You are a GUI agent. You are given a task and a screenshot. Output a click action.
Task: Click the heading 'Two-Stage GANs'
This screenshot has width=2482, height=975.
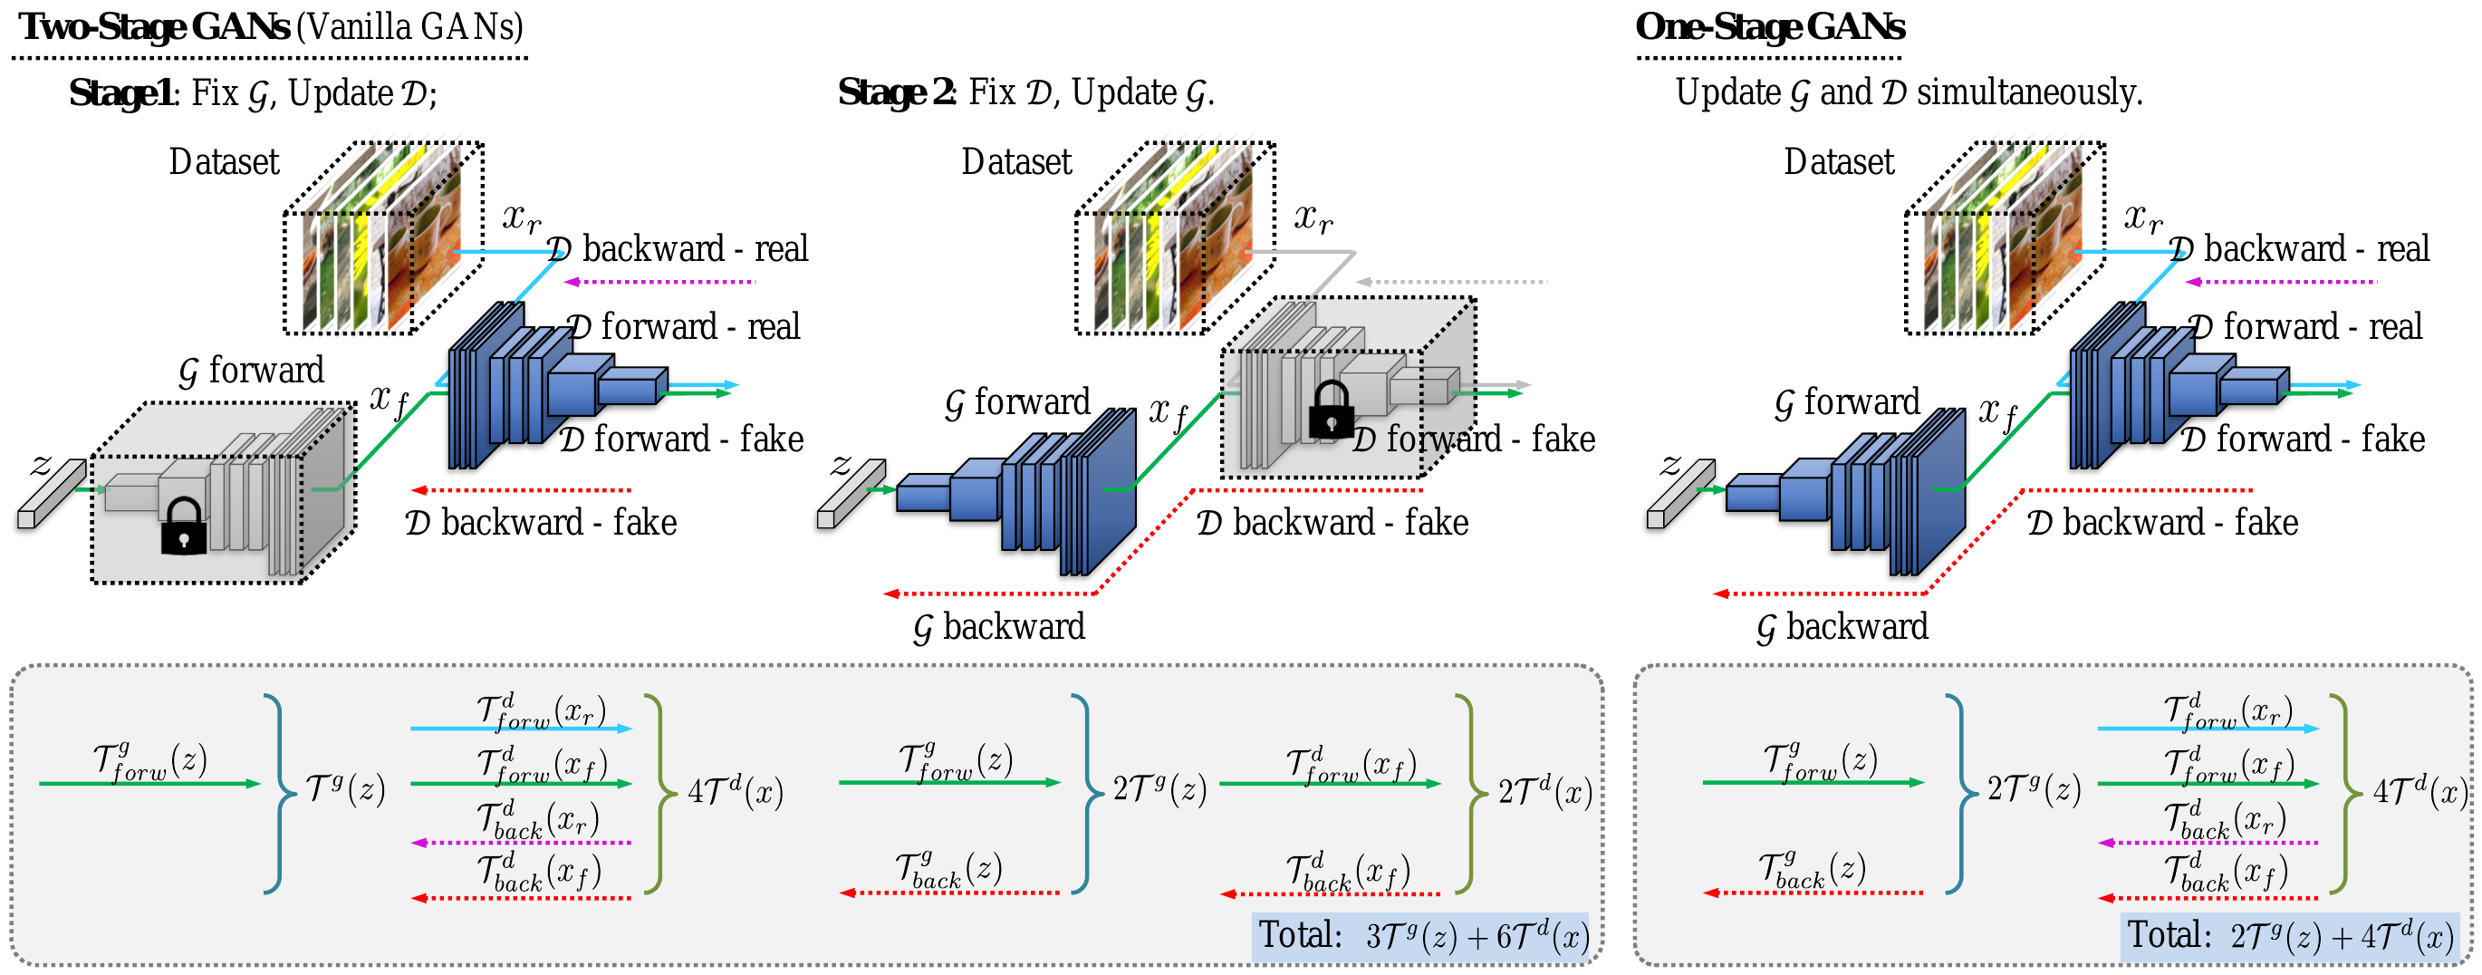click(154, 27)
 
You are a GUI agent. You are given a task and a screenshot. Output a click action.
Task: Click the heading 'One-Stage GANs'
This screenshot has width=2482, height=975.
click(1769, 27)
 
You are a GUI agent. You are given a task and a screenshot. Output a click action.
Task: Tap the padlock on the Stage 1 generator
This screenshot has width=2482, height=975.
click(183, 528)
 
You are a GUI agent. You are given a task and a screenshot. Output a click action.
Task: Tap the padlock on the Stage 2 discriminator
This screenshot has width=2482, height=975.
click(1332, 410)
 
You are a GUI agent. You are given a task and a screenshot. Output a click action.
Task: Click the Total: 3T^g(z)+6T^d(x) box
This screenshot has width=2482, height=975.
click(1421, 936)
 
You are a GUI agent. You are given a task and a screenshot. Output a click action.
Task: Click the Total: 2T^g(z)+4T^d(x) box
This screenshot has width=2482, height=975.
click(2288, 936)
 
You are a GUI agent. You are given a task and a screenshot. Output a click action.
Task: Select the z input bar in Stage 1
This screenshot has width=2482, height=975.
click(51, 493)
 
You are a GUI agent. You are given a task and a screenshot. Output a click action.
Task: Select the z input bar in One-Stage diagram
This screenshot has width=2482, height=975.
click(1680, 493)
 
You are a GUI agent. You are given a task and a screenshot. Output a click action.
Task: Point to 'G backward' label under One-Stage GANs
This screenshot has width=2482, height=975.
click(1842, 628)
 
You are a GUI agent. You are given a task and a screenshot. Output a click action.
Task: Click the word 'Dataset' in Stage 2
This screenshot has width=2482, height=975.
click(1015, 162)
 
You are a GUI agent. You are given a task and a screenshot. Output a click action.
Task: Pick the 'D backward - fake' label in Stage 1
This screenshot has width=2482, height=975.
click(541, 523)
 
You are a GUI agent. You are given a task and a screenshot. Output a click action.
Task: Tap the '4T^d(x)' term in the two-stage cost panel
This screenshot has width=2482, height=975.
click(735, 793)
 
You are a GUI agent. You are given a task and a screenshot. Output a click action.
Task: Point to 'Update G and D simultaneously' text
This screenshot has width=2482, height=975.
click(1908, 93)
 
